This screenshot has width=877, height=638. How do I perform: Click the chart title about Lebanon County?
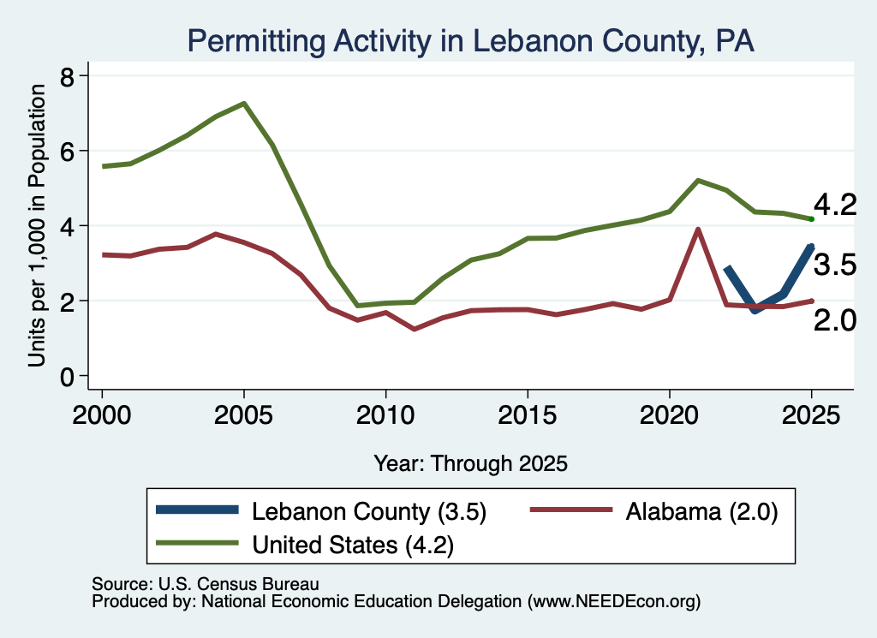point(470,41)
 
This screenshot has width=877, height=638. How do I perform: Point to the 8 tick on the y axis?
point(67,76)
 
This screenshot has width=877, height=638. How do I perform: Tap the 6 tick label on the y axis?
point(67,152)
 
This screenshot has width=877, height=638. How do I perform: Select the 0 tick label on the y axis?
point(67,378)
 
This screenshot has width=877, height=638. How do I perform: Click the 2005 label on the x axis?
point(244,414)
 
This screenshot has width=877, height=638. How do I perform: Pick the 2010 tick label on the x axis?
point(385,414)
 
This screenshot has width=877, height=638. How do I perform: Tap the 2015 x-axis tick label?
point(528,414)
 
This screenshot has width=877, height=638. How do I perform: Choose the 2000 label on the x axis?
point(102,414)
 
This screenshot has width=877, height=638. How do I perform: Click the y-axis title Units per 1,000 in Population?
point(37,225)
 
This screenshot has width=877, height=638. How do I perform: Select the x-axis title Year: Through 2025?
point(470,463)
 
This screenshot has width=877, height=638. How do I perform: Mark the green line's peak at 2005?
point(244,104)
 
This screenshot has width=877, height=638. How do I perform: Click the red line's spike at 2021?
point(698,230)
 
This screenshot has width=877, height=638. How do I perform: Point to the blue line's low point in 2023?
point(755,310)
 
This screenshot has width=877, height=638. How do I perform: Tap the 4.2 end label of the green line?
point(835,205)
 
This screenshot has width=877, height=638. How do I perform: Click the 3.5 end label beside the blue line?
point(835,264)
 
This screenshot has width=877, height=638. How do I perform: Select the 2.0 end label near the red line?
point(835,320)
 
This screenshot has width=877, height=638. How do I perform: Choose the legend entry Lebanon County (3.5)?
point(321,511)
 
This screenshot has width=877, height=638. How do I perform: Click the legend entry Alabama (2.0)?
point(653,511)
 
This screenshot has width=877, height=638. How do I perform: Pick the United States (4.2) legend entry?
point(305,544)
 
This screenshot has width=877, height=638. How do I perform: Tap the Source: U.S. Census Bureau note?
point(206,584)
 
